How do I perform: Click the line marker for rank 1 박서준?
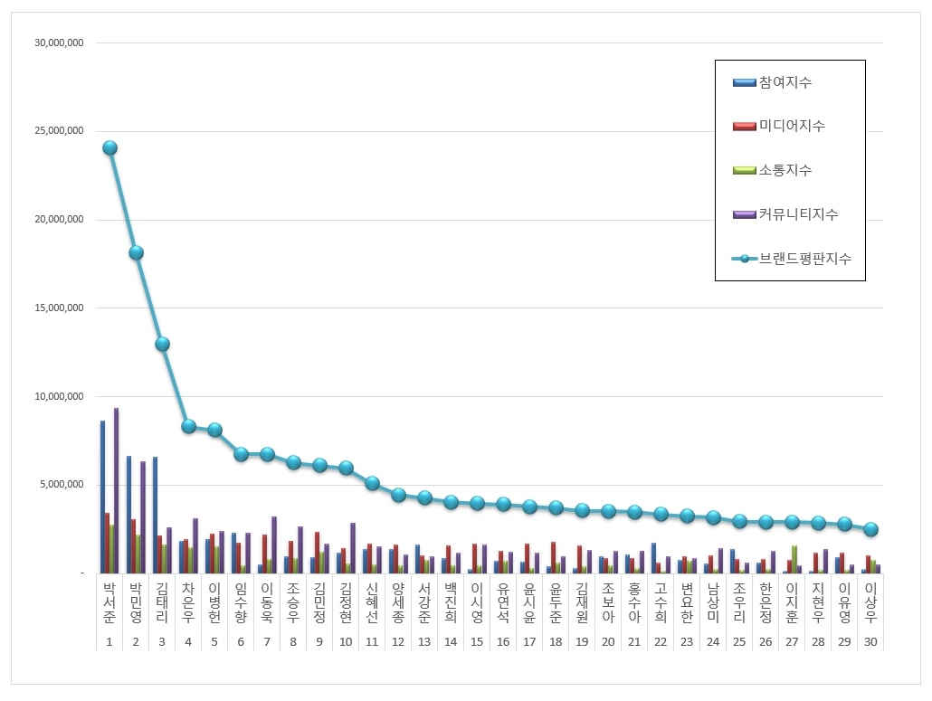[110, 148]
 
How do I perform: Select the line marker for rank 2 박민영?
[136, 253]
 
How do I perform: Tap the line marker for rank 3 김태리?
[162, 344]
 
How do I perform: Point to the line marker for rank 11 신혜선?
[372, 483]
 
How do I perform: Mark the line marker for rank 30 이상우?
[870, 529]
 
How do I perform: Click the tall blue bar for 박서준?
[102, 497]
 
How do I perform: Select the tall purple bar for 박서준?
[117, 490]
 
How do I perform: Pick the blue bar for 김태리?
[155, 516]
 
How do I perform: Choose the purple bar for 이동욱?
[274, 545]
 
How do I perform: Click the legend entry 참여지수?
[772, 82]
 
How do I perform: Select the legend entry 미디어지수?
[779, 126]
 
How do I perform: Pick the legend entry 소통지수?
[772, 170]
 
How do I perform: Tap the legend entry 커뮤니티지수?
[785, 213]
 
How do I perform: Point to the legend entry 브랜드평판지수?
[792, 259]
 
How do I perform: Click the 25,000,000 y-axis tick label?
[59, 130]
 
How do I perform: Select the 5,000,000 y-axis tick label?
[62, 485]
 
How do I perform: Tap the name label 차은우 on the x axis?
[188, 602]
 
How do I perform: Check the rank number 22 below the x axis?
[661, 642]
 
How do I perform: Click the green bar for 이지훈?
[794, 560]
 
